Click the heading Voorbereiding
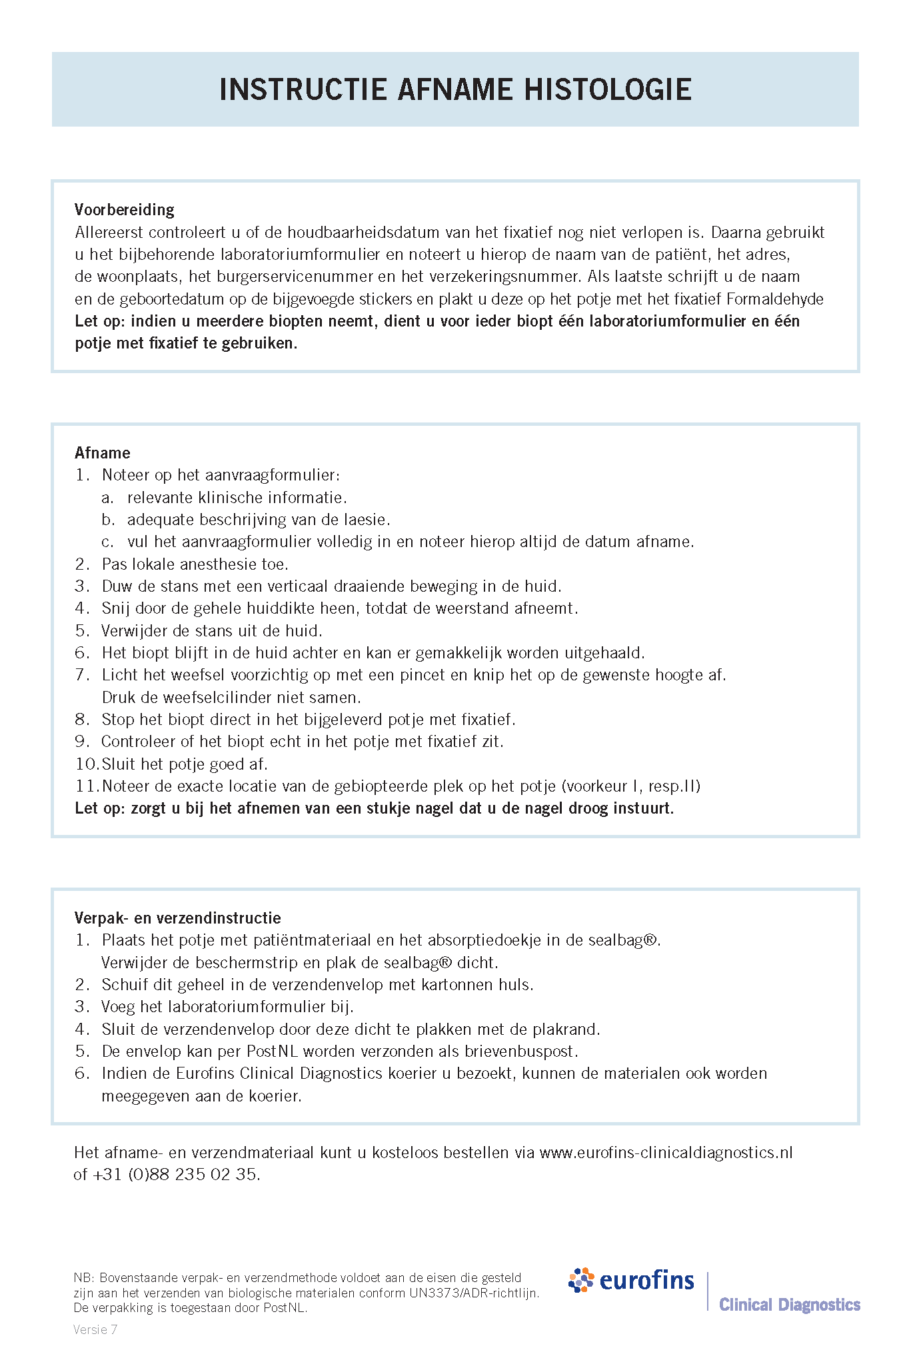[125, 210]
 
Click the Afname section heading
[103, 453]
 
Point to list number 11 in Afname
[86, 786]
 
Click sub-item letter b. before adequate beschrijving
[108, 520]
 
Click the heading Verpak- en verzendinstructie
[178, 918]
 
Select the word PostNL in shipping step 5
[273, 1051]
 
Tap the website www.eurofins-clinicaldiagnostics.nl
[666, 1153]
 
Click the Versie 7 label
[95, 1330]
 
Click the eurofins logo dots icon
[581, 1280]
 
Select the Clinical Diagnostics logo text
[790, 1305]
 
